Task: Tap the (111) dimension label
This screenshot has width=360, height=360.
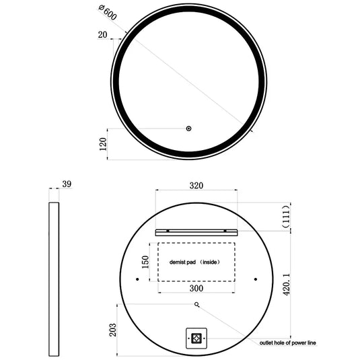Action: [x=286, y=215]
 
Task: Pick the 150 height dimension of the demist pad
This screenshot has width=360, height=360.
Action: [x=144, y=262]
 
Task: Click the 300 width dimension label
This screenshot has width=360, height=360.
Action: [x=196, y=288]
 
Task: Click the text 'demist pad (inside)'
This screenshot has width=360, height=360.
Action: [x=195, y=262]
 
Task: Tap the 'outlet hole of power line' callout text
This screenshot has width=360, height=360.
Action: [x=287, y=343]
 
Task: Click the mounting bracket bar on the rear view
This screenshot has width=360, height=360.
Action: [x=196, y=232]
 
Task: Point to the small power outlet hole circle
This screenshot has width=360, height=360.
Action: [x=196, y=304]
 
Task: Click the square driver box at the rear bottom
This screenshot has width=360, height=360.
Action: [x=196, y=338]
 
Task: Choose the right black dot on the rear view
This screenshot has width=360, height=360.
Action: [x=256, y=279]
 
